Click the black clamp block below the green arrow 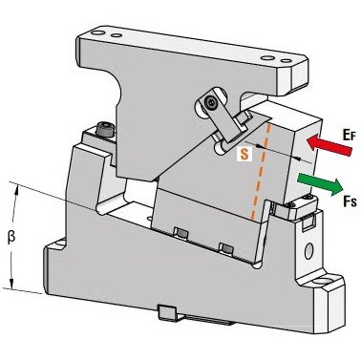[305, 204]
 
